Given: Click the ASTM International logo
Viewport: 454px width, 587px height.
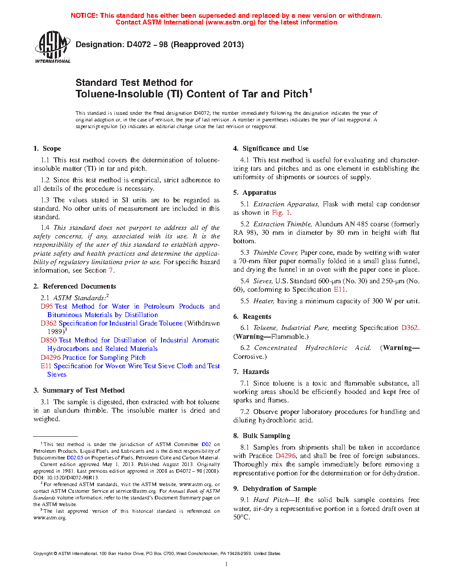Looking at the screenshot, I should coord(52,47).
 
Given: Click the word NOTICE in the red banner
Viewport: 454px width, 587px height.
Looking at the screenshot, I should coord(84,16).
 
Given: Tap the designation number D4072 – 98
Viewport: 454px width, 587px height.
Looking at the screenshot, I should coord(147,44).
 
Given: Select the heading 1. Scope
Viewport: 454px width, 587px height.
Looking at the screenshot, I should coord(47,149).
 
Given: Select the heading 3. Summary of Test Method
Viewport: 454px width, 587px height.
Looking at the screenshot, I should coord(79,390).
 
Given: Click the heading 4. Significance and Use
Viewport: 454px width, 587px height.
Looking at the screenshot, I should coord(271,149).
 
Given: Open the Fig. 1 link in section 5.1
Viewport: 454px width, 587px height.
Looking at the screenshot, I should coord(281,213).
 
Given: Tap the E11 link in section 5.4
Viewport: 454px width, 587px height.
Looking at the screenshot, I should coord(339,289).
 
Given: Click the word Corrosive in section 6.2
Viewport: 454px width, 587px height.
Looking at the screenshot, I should coord(248,357).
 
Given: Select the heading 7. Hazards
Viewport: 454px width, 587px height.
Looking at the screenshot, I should coord(251,372).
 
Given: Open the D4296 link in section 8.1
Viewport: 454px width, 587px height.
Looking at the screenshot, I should coord(285,456).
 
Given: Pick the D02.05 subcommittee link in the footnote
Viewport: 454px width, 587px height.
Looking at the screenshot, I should coord(75,458).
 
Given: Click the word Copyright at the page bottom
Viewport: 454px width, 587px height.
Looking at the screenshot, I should coord(43,554).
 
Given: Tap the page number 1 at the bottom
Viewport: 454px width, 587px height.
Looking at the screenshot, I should coord(227,564).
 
